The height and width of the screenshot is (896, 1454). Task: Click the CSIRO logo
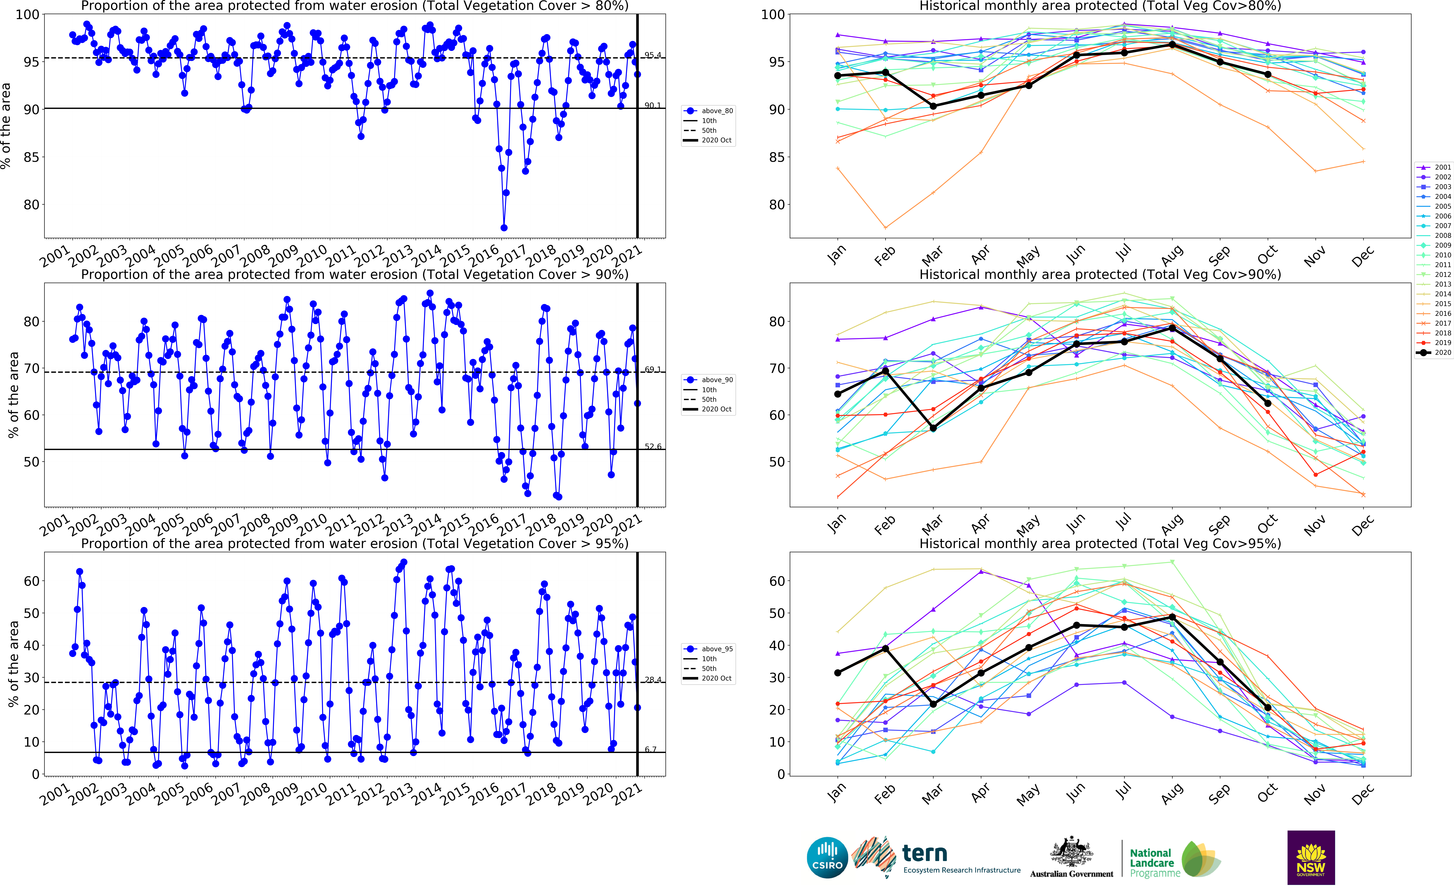[x=827, y=858]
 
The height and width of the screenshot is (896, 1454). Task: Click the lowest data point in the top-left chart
[x=504, y=228]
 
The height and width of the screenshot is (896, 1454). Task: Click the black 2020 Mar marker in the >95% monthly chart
[x=933, y=704]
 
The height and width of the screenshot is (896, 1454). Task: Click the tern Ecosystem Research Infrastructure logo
[x=936, y=858]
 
